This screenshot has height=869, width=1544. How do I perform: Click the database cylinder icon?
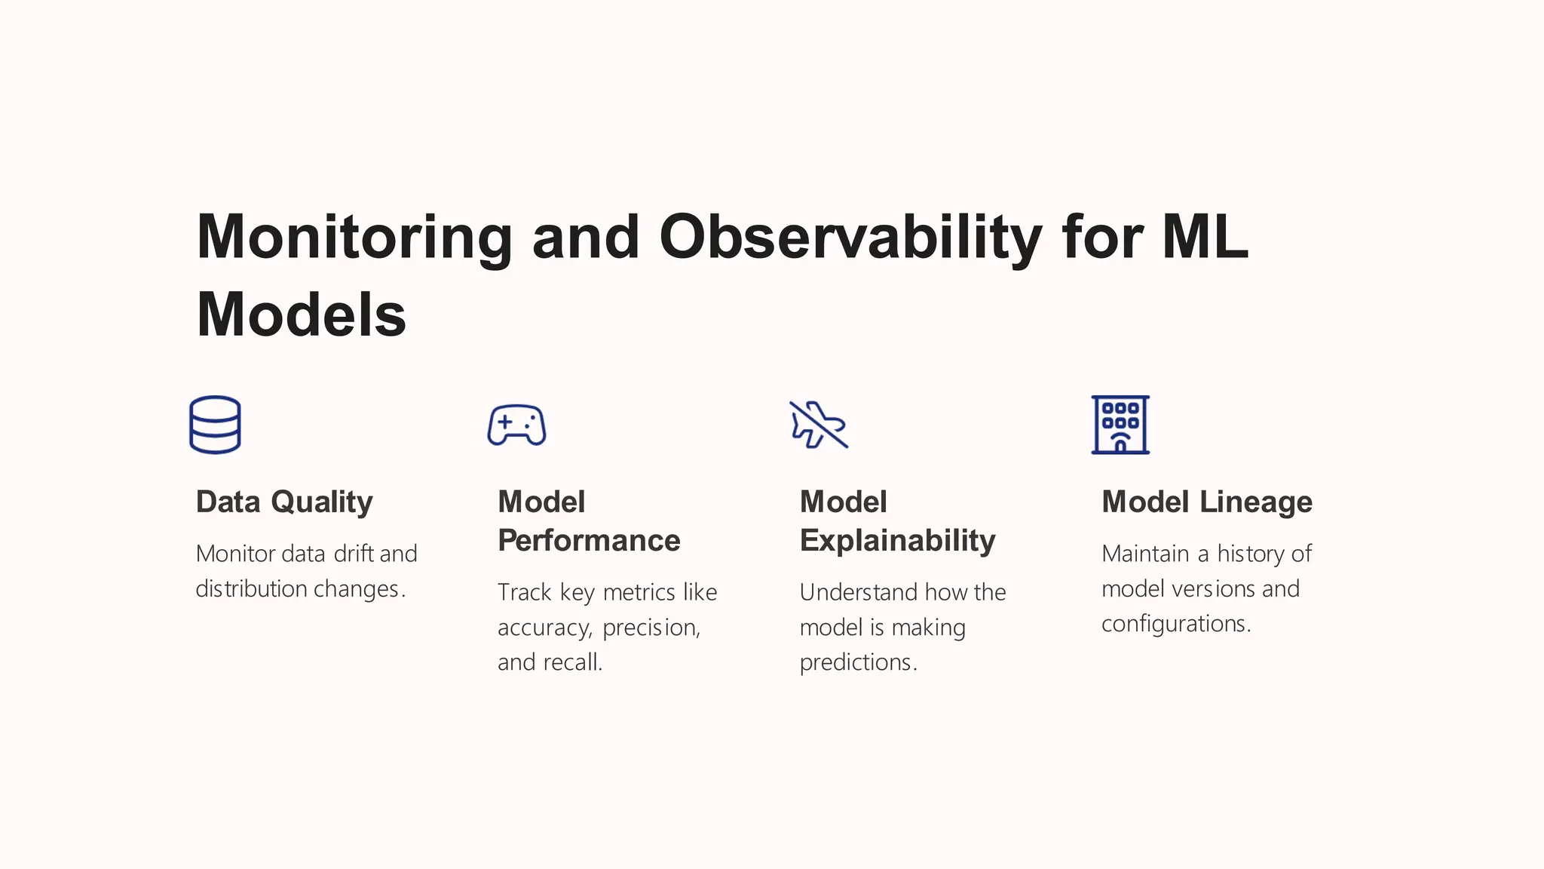pos(215,425)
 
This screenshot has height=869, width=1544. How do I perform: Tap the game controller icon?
pos(516,425)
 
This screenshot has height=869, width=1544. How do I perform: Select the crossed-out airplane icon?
pos(818,425)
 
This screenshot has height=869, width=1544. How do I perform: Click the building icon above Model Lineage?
pos(1120,425)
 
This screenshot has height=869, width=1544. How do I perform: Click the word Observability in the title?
pos(850,238)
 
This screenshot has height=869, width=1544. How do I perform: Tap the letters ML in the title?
pos(1205,238)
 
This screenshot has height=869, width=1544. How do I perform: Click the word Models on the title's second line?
pos(301,315)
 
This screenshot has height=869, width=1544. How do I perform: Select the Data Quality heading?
pos(284,502)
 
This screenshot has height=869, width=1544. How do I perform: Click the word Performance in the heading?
pos(589,541)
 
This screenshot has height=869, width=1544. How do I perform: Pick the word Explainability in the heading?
pos(897,541)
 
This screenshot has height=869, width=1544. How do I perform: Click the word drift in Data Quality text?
pos(354,554)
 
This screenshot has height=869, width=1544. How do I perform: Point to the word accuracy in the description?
pos(544,628)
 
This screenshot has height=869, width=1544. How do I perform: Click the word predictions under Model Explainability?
pos(857,662)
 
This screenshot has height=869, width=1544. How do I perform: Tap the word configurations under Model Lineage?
pos(1175,624)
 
